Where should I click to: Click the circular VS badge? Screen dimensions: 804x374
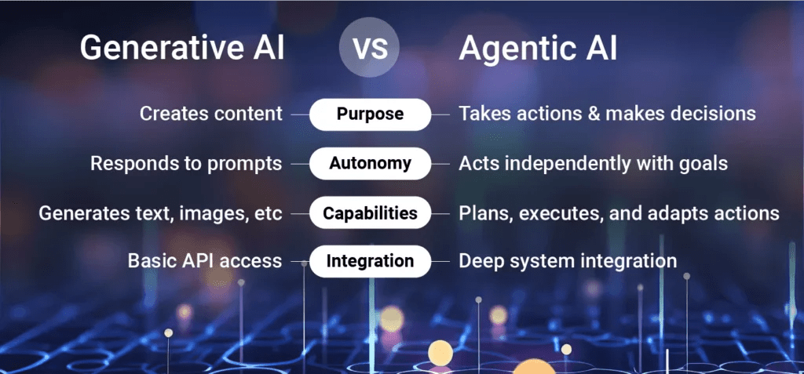(370, 47)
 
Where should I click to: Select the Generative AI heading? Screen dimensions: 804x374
(182, 49)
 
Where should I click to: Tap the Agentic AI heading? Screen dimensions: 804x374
(538, 49)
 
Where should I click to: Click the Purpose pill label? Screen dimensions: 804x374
(370, 114)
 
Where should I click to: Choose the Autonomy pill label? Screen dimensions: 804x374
(370, 163)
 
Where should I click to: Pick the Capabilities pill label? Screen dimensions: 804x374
(370, 212)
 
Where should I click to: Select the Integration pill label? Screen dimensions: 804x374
(370, 261)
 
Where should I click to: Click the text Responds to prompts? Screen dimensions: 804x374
(186, 164)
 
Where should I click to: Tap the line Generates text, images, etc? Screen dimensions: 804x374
(160, 213)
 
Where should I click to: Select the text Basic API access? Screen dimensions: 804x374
(205, 261)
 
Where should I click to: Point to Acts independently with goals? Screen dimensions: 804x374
(594, 164)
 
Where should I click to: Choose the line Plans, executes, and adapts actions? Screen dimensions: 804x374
(619, 213)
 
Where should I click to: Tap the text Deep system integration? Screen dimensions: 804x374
(568, 262)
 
